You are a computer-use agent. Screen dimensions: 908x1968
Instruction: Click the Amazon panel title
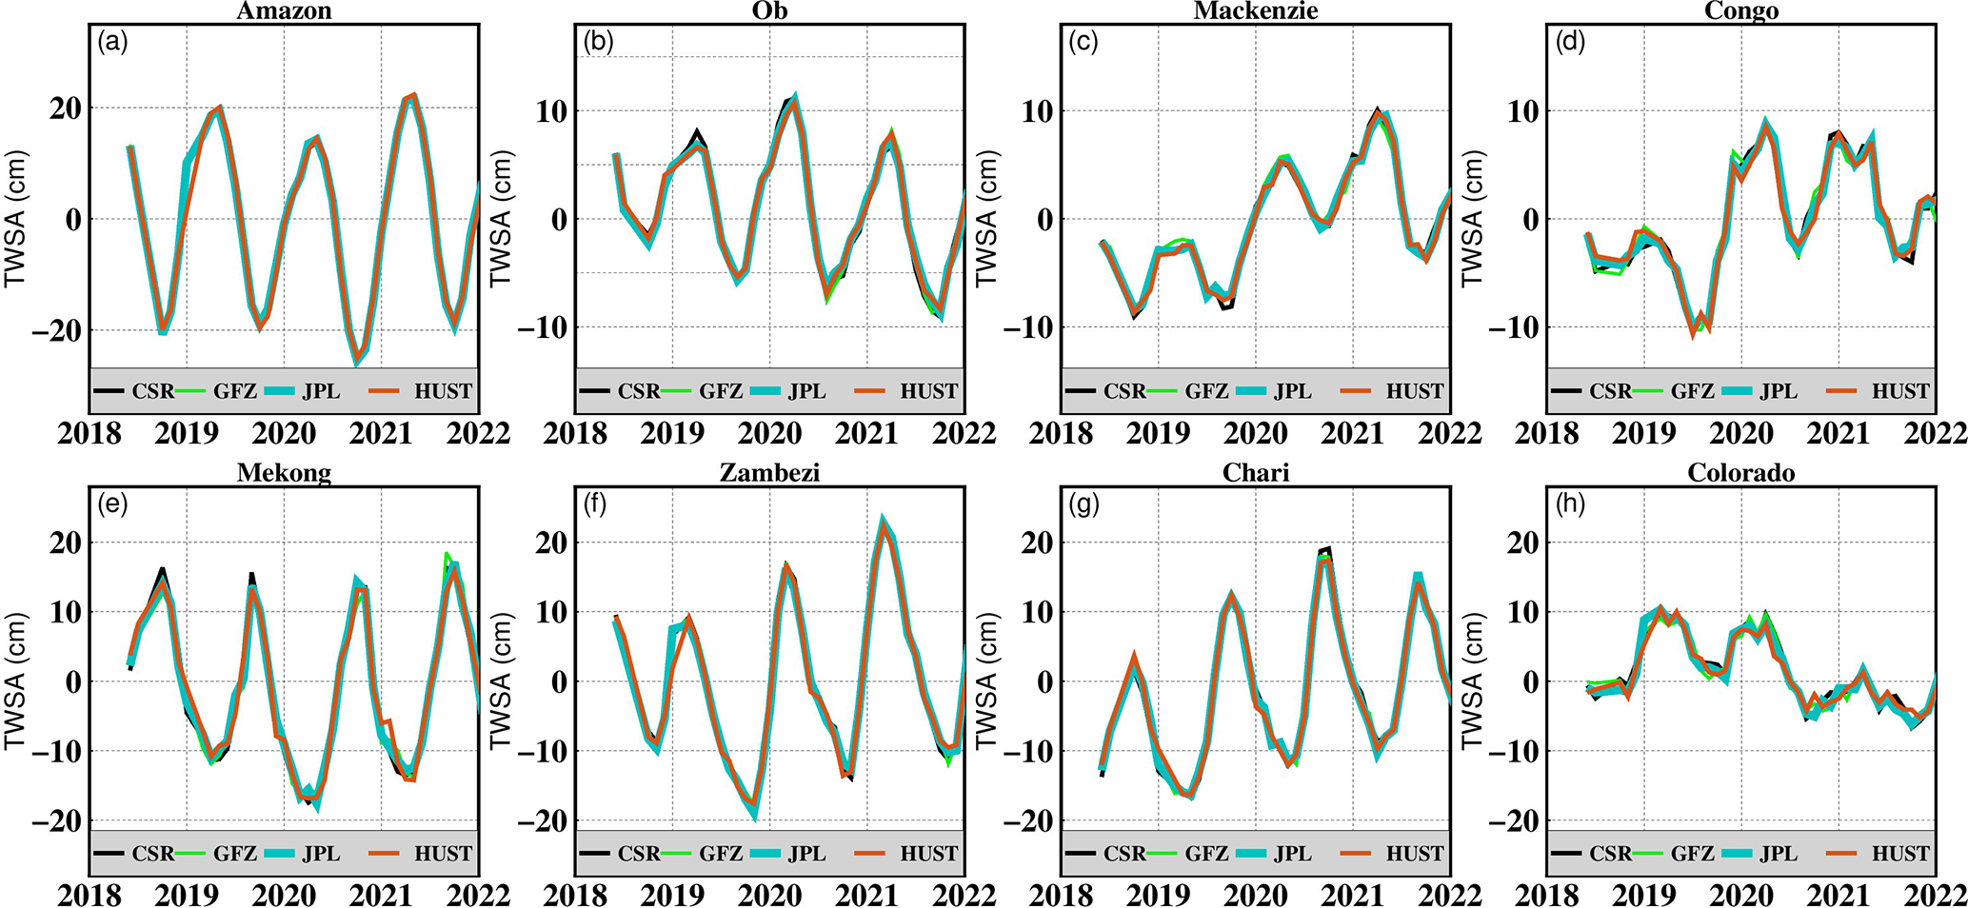284,11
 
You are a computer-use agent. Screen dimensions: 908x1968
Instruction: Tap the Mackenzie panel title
1256,11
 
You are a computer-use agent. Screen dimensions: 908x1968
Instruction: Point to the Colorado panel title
1741,473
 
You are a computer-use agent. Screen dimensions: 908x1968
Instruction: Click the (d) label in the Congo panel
1570,42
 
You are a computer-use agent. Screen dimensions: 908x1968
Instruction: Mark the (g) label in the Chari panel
1084,504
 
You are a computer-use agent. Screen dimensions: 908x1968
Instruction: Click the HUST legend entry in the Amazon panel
443,391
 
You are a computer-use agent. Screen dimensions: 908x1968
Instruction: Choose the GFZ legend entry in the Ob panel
721,391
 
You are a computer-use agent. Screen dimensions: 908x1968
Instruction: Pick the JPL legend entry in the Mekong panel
321,854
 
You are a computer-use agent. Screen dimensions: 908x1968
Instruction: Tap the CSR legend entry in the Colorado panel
1610,854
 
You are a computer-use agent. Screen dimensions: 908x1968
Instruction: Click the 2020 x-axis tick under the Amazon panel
284,434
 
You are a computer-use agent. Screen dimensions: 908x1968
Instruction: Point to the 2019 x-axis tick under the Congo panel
1644,434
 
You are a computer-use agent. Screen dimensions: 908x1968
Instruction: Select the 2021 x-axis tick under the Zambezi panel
866,896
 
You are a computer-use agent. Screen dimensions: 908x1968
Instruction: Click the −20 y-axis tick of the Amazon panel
58,330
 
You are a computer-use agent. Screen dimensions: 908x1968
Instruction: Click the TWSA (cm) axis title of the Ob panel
501,219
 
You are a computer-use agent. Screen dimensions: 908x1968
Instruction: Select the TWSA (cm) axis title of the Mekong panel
15,681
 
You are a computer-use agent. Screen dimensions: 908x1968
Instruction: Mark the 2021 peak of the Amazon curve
410,95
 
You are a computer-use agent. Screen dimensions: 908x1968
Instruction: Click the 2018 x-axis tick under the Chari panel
1062,896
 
